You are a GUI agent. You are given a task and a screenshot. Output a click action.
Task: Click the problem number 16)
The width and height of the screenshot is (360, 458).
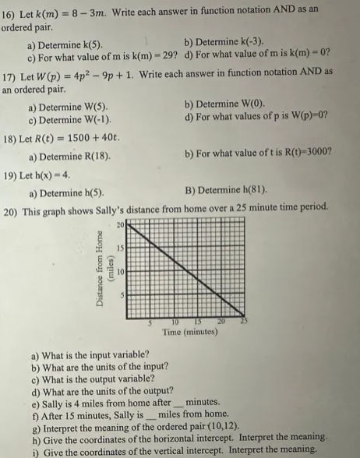click(x=12, y=14)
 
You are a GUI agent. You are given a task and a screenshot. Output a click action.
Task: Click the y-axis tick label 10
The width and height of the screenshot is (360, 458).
click(x=122, y=272)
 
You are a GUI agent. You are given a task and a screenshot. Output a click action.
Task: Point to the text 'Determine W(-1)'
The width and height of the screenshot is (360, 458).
click(x=74, y=118)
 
